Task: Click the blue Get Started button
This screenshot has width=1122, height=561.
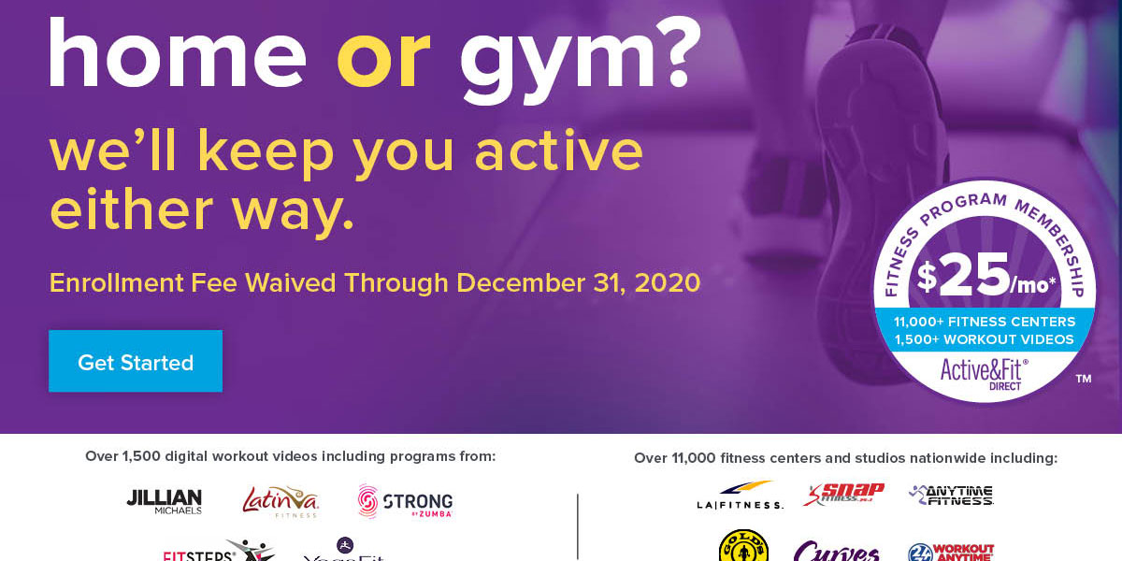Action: pyautogui.click(x=136, y=362)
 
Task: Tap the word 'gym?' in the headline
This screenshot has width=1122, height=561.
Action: pyautogui.click(x=580, y=58)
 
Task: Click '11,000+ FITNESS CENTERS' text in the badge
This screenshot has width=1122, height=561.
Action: pyautogui.click(x=985, y=322)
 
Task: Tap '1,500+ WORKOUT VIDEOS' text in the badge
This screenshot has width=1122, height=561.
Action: pyautogui.click(x=985, y=339)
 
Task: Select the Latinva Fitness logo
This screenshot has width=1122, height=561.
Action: pyautogui.click(x=280, y=501)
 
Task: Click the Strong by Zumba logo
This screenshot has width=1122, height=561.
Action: pyautogui.click(x=405, y=502)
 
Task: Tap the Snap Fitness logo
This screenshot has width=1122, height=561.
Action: pyautogui.click(x=843, y=494)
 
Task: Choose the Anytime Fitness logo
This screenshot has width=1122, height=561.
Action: pyautogui.click(x=951, y=495)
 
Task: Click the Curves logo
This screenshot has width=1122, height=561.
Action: pyautogui.click(x=836, y=551)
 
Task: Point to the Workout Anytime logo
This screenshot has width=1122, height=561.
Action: pyautogui.click(x=951, y=552)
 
